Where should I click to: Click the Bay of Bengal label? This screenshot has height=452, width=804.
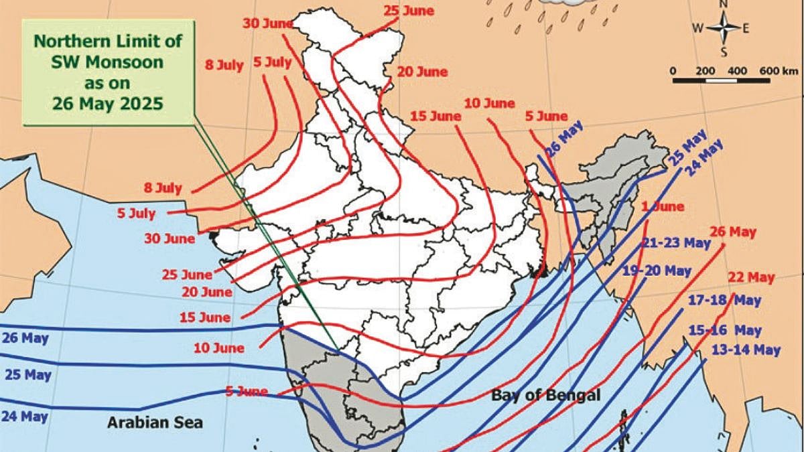pos(546,395)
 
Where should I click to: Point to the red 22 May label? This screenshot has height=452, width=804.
pos(751,277)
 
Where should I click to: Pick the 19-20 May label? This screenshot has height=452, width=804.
pos(657,271)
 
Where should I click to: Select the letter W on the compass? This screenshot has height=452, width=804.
pos(698,28)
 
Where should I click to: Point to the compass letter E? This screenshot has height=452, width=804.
pos(746,28)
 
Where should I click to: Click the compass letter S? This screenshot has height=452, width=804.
pos(724,52)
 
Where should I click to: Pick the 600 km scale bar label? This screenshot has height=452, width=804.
pos(779,71)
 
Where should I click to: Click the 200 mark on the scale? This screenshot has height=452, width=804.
pos(705,71)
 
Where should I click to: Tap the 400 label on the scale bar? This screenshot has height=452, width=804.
pos(736,71)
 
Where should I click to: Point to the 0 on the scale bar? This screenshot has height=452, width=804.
pos(673,71)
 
